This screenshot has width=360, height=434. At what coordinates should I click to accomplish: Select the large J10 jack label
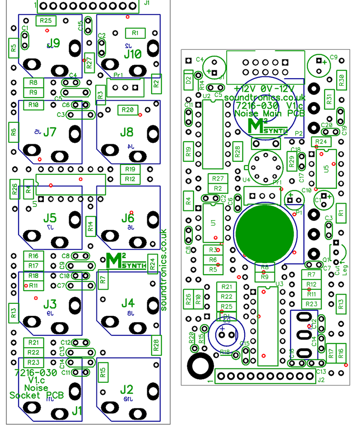[132, 54]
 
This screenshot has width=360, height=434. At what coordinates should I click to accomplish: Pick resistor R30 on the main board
[341, 79]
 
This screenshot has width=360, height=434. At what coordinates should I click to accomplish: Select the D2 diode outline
[188, 79]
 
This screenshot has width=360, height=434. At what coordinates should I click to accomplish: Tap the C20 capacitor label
[327, 125]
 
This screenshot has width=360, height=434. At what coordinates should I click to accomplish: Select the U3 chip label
[280, 284]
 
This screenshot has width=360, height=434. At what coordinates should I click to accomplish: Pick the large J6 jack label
[128, 217]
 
